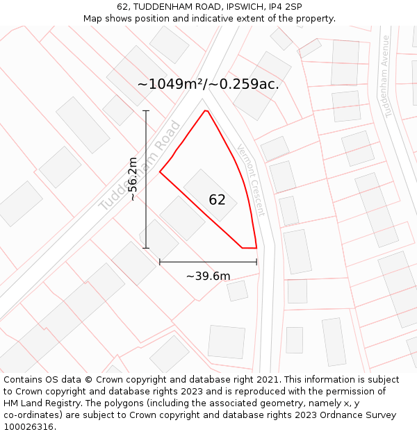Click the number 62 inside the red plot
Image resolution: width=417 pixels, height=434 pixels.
(217, 200)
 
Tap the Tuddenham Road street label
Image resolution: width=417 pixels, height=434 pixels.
(140, 167)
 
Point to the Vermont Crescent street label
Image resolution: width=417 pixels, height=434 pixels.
(251, 179)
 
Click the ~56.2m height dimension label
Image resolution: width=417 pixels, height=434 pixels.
(133, 179)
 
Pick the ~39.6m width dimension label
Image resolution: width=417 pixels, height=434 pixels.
(208, 276)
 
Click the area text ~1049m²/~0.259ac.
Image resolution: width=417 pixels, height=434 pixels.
(208, 84)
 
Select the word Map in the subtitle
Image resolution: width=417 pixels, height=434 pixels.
(94, 19)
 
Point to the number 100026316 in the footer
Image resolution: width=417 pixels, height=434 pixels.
(28, 427)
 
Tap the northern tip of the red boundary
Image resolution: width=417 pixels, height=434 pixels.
(205, 110)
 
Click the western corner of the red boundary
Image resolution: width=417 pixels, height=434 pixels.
(160, 172)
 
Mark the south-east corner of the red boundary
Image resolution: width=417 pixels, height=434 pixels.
(256, 247)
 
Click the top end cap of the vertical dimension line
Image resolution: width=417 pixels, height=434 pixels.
(146, 110)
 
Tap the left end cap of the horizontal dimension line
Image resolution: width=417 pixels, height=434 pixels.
(160, 262)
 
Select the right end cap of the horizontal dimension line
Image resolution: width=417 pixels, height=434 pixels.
(256, 262)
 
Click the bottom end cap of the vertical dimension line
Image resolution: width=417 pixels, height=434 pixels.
(146, 248)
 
